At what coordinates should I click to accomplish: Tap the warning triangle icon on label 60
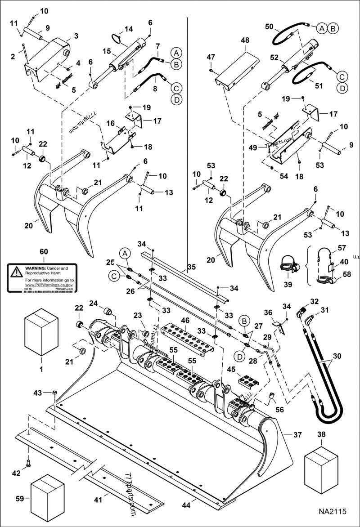16,271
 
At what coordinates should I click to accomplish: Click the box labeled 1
41,331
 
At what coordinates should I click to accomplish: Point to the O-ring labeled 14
118,39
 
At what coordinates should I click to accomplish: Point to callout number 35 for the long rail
191,267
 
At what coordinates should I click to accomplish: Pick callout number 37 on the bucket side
297,435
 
